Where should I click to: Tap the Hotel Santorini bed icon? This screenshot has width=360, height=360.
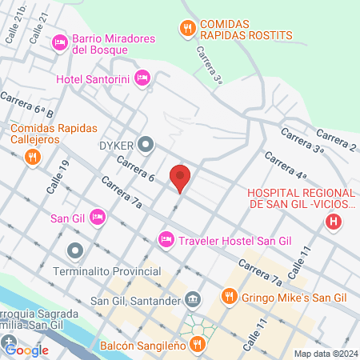tap(142, 78)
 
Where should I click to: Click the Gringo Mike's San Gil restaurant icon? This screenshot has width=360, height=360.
tap(229, 298)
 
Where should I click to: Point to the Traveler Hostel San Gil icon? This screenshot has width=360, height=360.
tap(166, 238)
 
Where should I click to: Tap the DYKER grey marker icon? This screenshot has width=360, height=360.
tap(146, 145)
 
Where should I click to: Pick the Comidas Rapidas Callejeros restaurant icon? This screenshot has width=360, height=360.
tap(33, 157)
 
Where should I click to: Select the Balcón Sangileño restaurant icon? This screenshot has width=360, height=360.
tap(198, 345)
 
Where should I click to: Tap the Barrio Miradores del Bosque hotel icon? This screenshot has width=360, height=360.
tap(59, 42)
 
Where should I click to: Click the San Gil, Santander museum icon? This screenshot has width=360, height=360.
tap(193, 300)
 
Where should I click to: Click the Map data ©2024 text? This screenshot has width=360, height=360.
tap(326, 354)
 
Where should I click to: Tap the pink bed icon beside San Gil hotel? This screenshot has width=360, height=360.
tap(98, 216)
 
